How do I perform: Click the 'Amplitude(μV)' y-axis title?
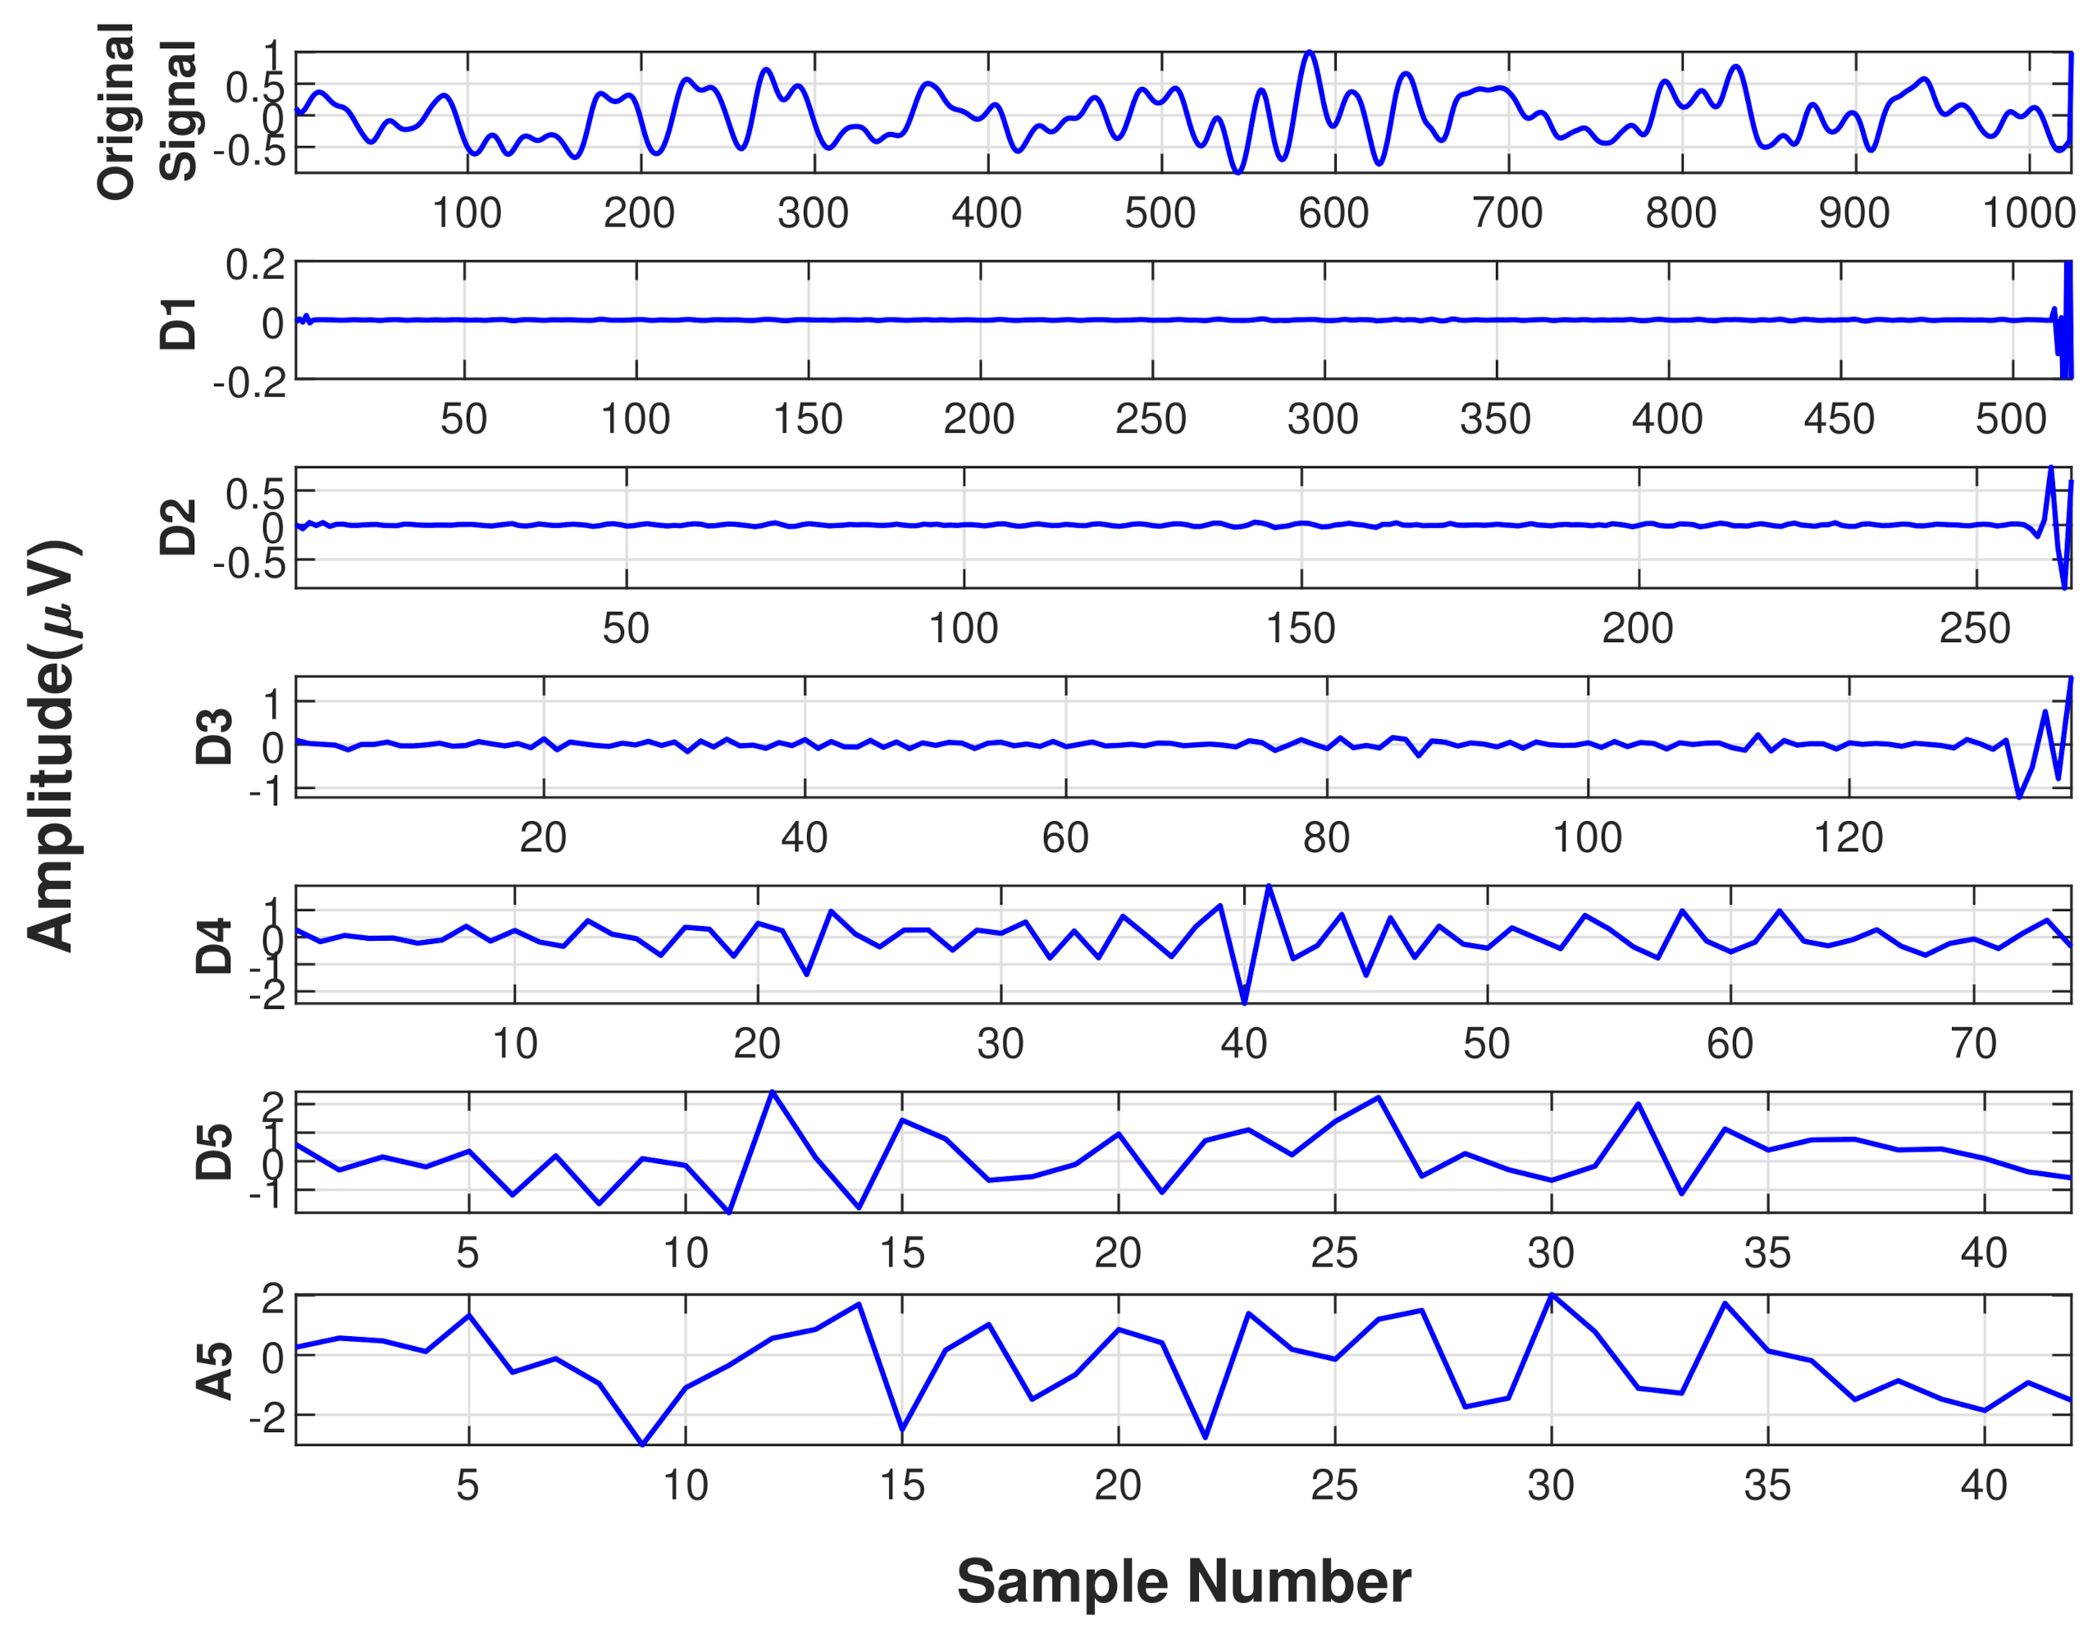pyautogui.click(x=54, y=746)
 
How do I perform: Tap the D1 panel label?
pyautogui.click(x=178, y=322)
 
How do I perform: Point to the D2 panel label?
pyautogui.click(x=178, y=527)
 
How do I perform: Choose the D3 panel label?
pyautogui.click(x=213, y=737)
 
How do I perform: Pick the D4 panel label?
pyautogui.click(x=213, y=946)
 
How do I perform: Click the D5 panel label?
pyautogui.click(x=213, y=1152)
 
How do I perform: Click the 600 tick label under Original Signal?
pyautogui.click(x=1333, y=212)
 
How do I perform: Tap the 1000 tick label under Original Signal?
pyautogui.click(x=2028, y=212)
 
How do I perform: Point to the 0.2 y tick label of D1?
pyautogui.click(x=254, y=264)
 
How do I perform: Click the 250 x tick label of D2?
pyautogui.click(x=1974, y=628)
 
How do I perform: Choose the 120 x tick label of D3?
pyautogui.click(x=1849, y=837)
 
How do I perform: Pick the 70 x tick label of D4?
pyautogui.click(x=1973, y=1043)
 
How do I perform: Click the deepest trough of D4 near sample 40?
pyautogui.click(x=1244, y=1002)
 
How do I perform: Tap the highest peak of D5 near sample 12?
pyautogui.click(x=773, y=1093)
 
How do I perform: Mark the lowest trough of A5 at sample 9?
pyautogui.click(x=642, y=1443)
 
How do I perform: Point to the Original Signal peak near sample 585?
pyautogui.click(x=1310, y=52)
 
